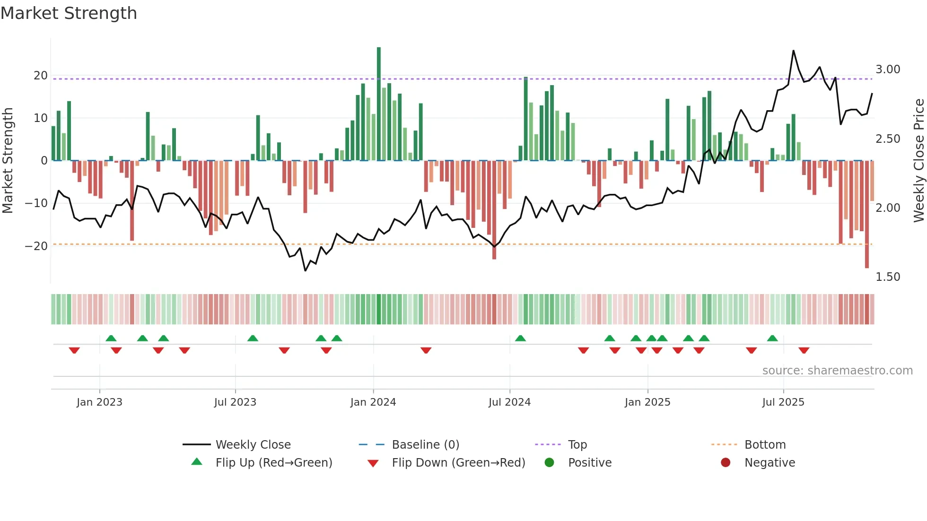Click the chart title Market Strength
coord(69,13)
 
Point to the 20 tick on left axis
coord(41,76)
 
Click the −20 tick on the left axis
coord(37,246)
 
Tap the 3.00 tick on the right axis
coord(888,69)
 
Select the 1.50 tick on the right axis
coord(888,277)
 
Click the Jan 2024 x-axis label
coord(373,402)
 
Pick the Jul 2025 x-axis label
coord(783,402)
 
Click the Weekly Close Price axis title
coord(918,161)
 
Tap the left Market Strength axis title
coord(8,161)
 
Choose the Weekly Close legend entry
coord(253,445)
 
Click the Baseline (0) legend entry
coord(425,445)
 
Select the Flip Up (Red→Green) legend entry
coord(274,463)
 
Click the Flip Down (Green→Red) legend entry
coord(458,463)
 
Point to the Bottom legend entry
coord(765,445)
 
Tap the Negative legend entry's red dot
coord(726,463)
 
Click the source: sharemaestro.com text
coord(837,371)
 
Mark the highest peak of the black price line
coord(794,51)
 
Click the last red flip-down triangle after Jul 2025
coord(804,350)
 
